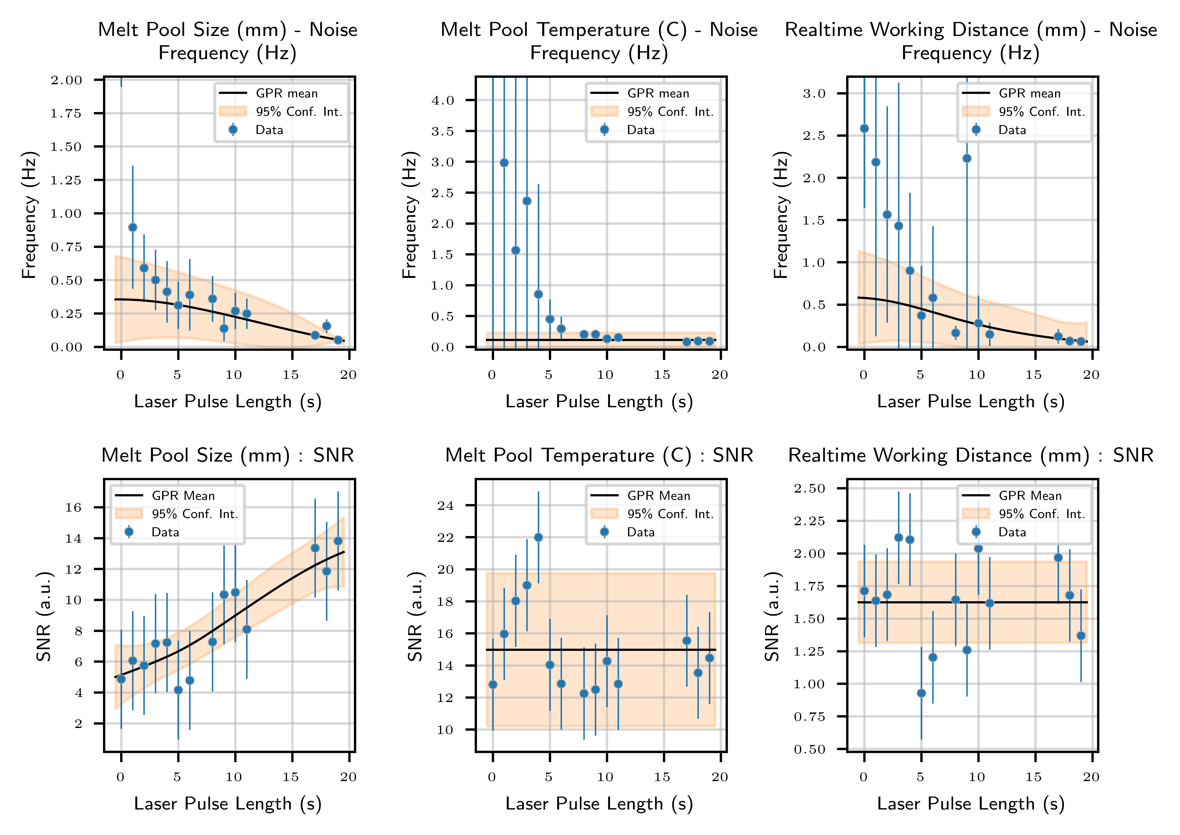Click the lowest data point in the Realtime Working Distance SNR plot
click(922, 693)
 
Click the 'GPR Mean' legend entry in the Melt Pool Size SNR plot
click(183, 496)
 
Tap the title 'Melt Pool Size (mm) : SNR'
click(228, 456)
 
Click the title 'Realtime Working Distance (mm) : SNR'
click(971, 456)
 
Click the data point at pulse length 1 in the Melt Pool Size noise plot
click(133, 227)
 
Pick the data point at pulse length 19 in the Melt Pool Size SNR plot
click(338, 541)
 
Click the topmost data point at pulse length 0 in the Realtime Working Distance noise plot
click(865, 129)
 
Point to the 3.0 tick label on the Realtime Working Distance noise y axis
click(814, 94)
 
